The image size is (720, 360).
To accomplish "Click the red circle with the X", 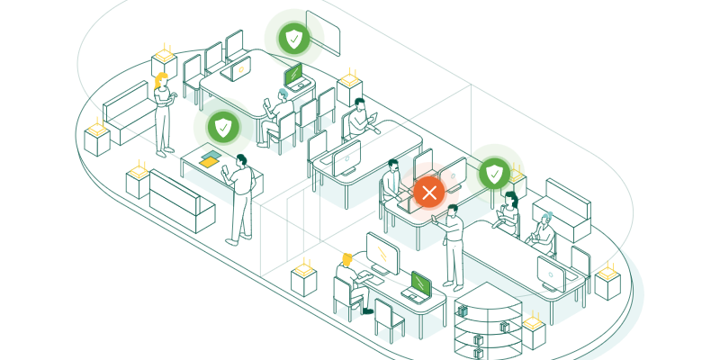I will click(x=428, y=192).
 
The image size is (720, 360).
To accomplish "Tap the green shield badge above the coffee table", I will click(x=223, y=127).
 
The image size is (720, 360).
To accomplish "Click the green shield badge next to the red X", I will click(x=494, y=171).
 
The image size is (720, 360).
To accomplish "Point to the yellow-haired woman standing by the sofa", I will click(x=164, y=112).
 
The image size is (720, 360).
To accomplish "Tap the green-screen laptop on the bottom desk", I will click(x=418, y=286).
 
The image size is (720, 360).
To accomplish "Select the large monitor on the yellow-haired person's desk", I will click(x=383, y=255).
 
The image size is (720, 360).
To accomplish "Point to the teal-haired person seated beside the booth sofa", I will click(x=543, y=233).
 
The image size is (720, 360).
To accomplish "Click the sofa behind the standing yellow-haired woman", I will click(x=126, y=109).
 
